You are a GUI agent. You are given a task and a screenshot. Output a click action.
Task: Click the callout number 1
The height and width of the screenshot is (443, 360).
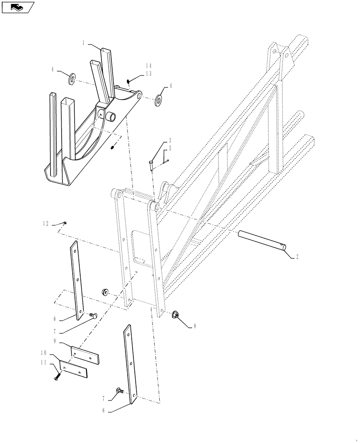(83, 43)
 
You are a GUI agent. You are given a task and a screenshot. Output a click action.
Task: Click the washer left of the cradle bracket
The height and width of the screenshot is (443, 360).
(72, 79)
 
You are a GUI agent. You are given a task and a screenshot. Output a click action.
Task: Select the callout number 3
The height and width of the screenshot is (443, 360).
(169, 141)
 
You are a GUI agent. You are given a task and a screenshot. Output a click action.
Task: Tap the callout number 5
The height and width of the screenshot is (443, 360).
(169, 148)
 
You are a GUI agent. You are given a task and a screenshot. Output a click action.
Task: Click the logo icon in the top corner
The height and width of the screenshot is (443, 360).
(18, 7)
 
